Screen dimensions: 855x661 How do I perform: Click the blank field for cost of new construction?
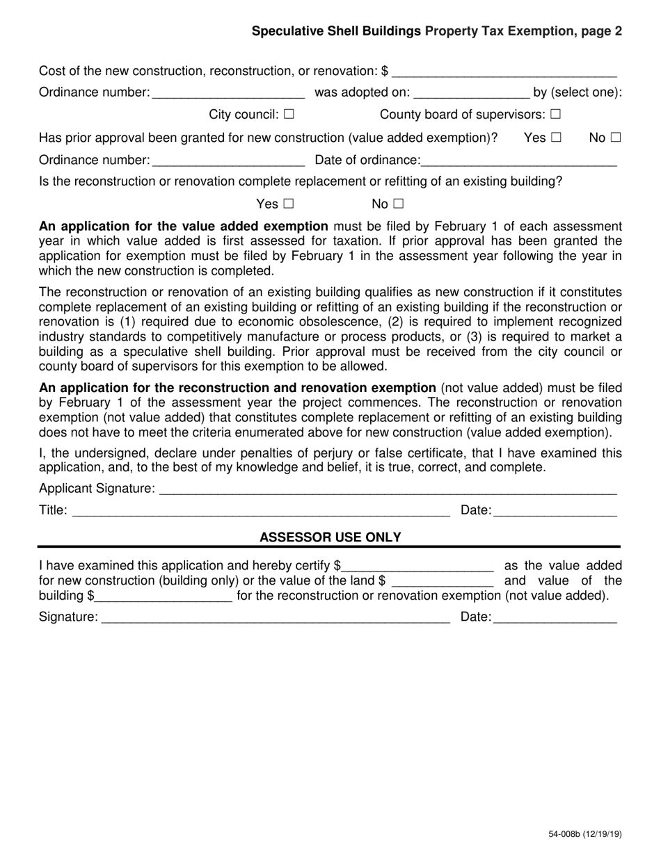click(504, 71)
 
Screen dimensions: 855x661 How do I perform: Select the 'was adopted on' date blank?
click(471, 92)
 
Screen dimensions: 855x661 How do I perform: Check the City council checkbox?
click(289, 115)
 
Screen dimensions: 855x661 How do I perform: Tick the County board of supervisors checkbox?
click(555, 115)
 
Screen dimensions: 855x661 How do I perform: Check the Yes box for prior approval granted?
click(556, 138)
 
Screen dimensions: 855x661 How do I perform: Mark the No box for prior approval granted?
click(615, 138)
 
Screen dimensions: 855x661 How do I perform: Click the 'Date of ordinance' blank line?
click(519, 161)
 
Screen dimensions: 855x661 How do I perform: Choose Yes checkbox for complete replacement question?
click(289, 204)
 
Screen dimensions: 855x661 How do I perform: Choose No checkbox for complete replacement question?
click(398, 204)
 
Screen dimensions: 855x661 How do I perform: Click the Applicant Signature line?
click(388, 489)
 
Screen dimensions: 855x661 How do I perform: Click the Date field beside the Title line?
click(555, 511)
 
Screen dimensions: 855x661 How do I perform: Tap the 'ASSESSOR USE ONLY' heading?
click(330, 537)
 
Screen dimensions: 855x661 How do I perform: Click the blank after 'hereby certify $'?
click(417, 566)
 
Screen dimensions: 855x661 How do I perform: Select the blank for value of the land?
click(443, 581)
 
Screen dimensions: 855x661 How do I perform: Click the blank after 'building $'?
click(164, 596)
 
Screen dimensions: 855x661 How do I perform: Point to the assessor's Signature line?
click(276, 617)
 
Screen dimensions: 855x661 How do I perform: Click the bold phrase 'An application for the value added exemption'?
click(184, 227)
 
